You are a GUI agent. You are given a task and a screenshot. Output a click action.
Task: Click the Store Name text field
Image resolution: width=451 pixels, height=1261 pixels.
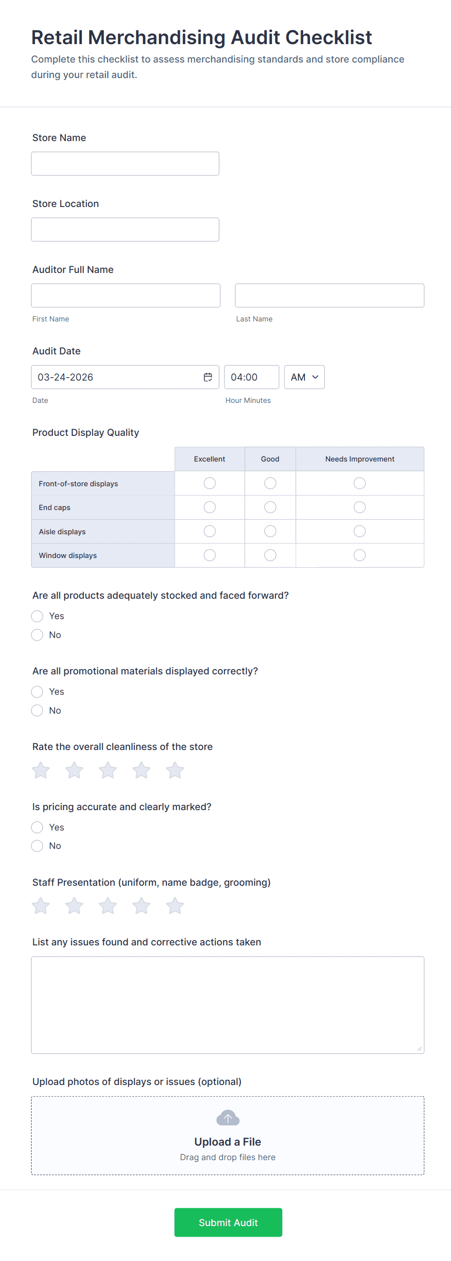tap(125, 163)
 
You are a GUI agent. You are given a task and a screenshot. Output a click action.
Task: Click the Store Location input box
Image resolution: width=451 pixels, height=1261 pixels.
tap(125, 230)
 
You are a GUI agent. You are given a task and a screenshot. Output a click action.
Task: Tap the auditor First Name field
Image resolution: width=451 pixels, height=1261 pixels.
tap(126, 296)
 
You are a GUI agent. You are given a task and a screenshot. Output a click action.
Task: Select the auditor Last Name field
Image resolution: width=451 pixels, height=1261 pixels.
tap(329, 296)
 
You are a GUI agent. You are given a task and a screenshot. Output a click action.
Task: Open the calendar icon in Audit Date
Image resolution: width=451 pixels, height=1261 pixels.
tap(208, 377)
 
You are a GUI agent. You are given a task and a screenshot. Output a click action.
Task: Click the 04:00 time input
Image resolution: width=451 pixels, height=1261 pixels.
tap(251, 377)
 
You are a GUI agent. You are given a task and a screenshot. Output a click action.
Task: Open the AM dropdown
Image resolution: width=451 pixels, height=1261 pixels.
tap(304, 377)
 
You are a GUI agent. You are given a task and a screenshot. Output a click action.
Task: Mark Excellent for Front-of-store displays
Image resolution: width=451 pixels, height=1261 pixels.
tap(209, 483)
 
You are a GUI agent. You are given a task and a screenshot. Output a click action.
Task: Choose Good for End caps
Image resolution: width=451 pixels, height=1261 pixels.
tap(270, 507)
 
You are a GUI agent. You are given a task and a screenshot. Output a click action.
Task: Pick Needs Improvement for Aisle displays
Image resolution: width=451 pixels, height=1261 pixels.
tap(359, 531)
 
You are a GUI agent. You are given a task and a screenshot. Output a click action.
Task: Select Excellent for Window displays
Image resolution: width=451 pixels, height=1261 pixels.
tap(209, 555)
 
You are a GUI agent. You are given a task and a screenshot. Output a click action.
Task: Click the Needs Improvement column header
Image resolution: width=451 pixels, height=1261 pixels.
tap(359, 459)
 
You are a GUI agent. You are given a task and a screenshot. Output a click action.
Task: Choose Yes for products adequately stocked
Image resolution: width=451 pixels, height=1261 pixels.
tap(37, 616)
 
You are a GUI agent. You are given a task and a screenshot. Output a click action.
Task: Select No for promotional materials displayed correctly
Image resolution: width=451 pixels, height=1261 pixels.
tap(37, 710)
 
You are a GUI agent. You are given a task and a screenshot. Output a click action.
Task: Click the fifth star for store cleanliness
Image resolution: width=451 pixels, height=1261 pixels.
tap(175, 770)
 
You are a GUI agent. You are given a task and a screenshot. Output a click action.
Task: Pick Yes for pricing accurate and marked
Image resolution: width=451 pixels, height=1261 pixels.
tap(37, 827)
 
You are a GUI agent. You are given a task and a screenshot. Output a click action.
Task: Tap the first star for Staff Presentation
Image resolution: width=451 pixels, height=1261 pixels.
tap(41, 906)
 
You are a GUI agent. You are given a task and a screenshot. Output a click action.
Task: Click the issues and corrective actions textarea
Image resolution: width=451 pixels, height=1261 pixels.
tap(227, 1005)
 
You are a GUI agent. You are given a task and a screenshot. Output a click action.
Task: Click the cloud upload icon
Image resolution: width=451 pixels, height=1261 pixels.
tap(228, 1118)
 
